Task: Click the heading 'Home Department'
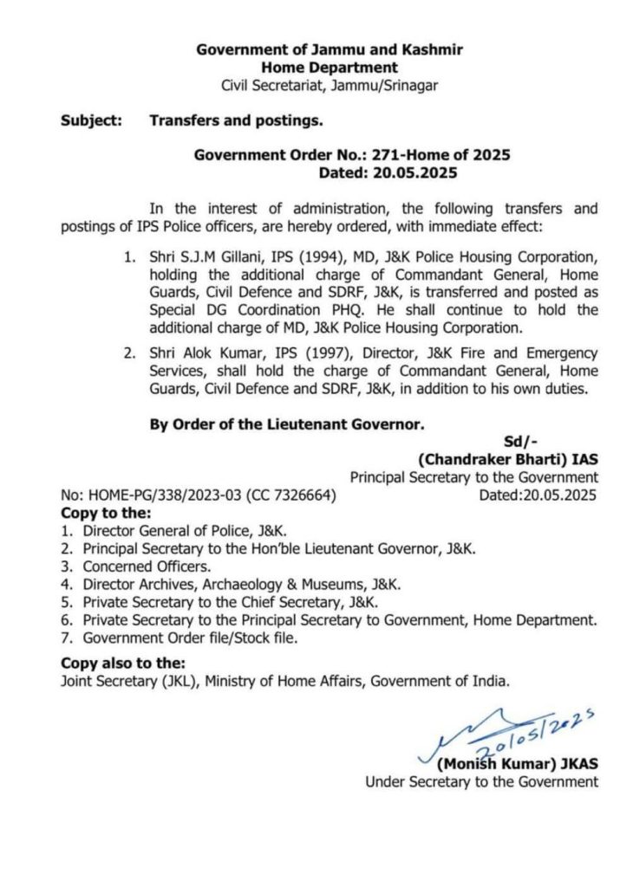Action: [329, 68]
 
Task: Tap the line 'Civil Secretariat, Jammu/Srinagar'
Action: [329, 85]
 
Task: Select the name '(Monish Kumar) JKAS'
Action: [518, 764]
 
